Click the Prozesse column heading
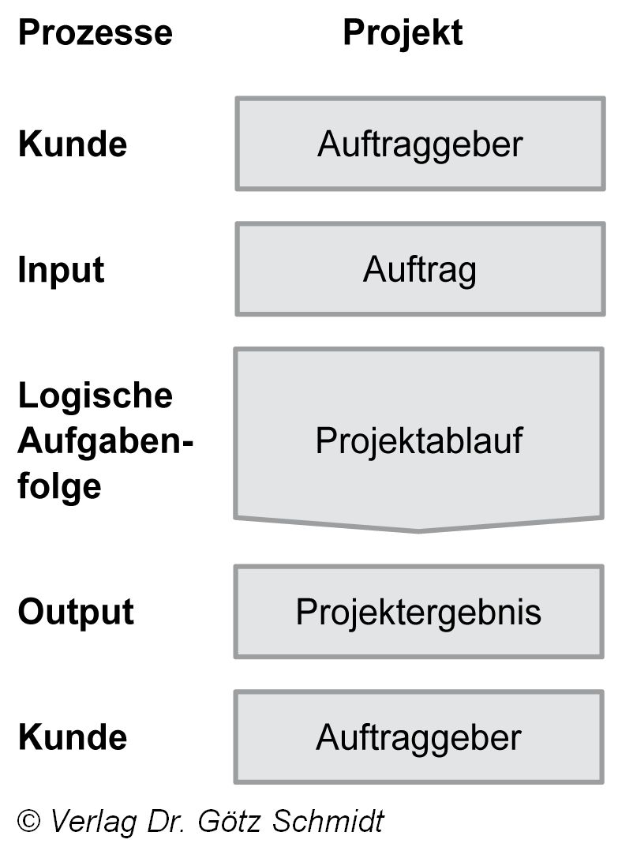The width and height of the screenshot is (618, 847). [x=95, y=33]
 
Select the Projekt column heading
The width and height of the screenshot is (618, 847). [x=403, y=33]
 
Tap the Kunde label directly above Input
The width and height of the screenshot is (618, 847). [x=72, y=144]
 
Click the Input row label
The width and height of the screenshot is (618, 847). [x=61, y=270]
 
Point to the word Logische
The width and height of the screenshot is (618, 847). [x=95, y=395]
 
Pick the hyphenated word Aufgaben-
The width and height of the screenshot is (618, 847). [x=105, y=440]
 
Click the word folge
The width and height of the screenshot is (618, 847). [x=59, y=485]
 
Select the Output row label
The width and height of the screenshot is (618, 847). [x=76, y=612]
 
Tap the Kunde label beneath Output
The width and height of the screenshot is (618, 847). [x=72, y=736]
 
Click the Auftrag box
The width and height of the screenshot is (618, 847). [x=420, y=270]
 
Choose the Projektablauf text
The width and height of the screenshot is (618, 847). [x=418, y=440]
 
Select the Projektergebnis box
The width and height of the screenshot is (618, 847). [x=418, y=612]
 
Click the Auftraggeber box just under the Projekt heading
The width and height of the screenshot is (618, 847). [x=420, y=144]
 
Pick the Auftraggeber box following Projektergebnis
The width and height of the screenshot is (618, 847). [x=418, y=737]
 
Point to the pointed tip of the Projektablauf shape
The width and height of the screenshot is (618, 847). [x=418, y=530]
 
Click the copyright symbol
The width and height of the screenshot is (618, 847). [x=29, y=821]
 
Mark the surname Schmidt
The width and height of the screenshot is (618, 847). [x=328, y=821]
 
